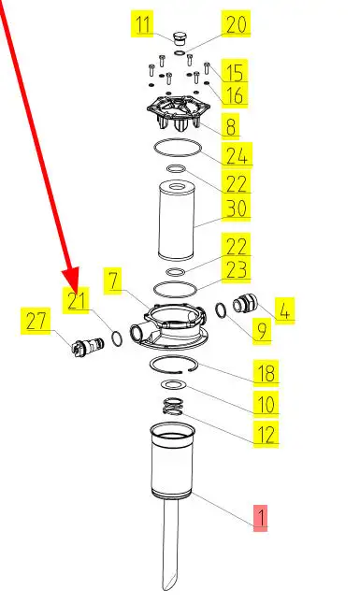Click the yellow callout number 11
point(142,23)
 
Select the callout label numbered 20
point(236,24)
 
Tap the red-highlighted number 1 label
point(260,518)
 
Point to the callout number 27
point(36,321)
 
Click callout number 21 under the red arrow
point(76,300)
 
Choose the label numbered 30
point(236,208)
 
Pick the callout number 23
point(236,269)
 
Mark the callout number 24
point(237,155)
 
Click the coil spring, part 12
point(173,406)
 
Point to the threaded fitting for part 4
point(242,303)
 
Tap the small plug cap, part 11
point(179,39)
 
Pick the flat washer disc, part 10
point(173,384)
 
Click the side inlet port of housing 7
point(137,333)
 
